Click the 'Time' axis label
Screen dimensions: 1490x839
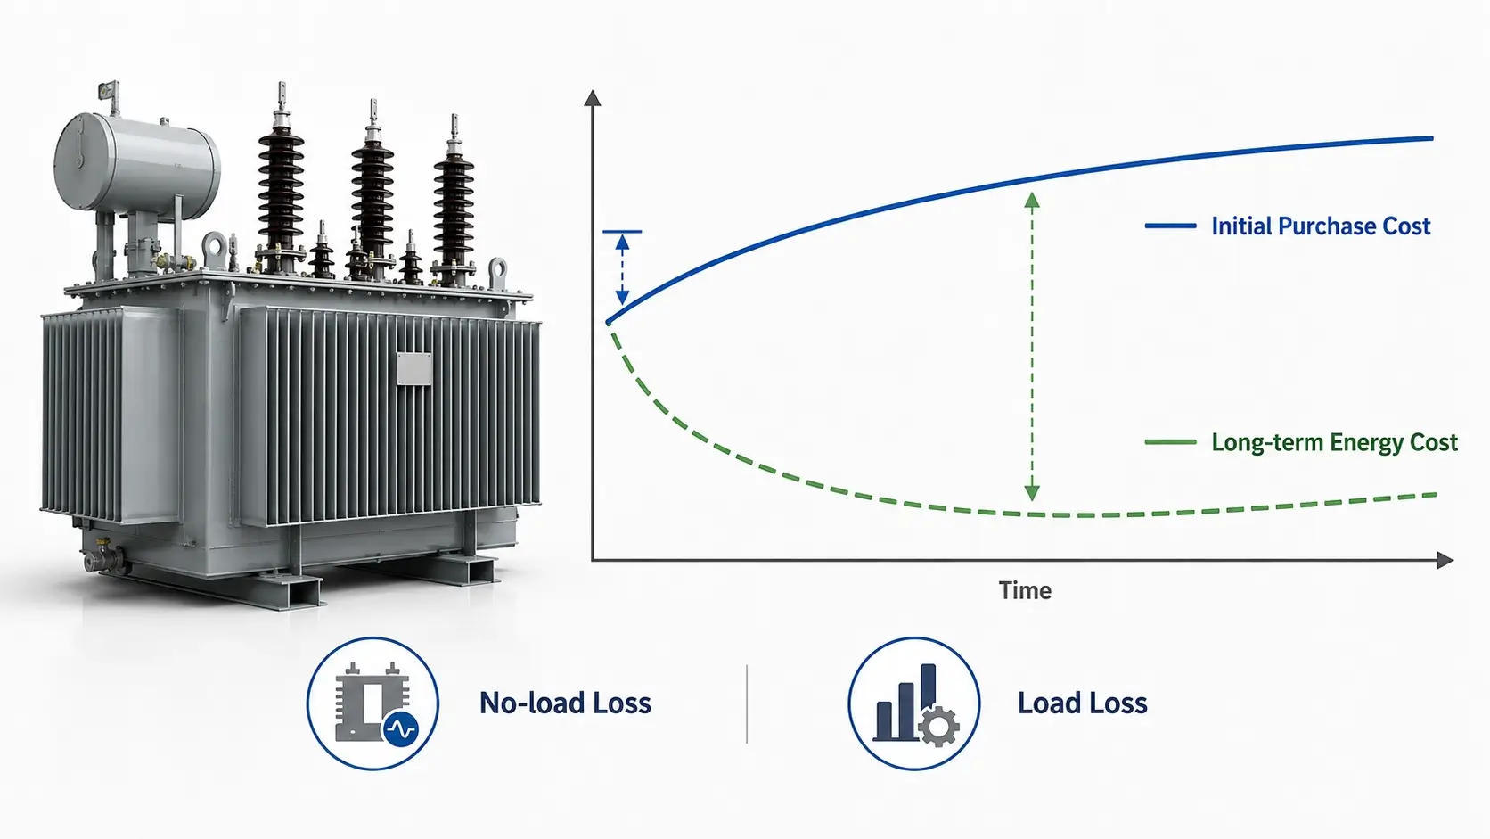pos(1025,591)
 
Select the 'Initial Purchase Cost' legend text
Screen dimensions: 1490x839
pos(1321,226)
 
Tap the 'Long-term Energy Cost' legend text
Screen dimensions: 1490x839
pos(1334,442)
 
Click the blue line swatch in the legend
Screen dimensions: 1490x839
pos(1170,226)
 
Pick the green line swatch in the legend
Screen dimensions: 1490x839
pos(1170,442)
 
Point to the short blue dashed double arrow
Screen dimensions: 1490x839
pos(622,269)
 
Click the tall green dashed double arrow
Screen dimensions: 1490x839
pos(1032,346)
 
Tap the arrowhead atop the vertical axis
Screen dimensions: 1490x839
pos(592,98)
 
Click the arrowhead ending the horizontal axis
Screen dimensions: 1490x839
pos(1445,560)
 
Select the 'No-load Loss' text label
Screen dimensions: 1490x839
pos(565,703)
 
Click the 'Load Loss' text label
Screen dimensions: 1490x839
pos(1082,703)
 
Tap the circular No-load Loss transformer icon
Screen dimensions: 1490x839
pos(372,703)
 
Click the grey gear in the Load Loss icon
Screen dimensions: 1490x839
pos(939,728)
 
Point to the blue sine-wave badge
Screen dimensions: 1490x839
pos(401,729)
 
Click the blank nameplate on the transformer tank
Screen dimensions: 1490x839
pos(413,368)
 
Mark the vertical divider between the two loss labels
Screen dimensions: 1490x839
pos(746,703)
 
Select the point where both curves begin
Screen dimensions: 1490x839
pos(608,323)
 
